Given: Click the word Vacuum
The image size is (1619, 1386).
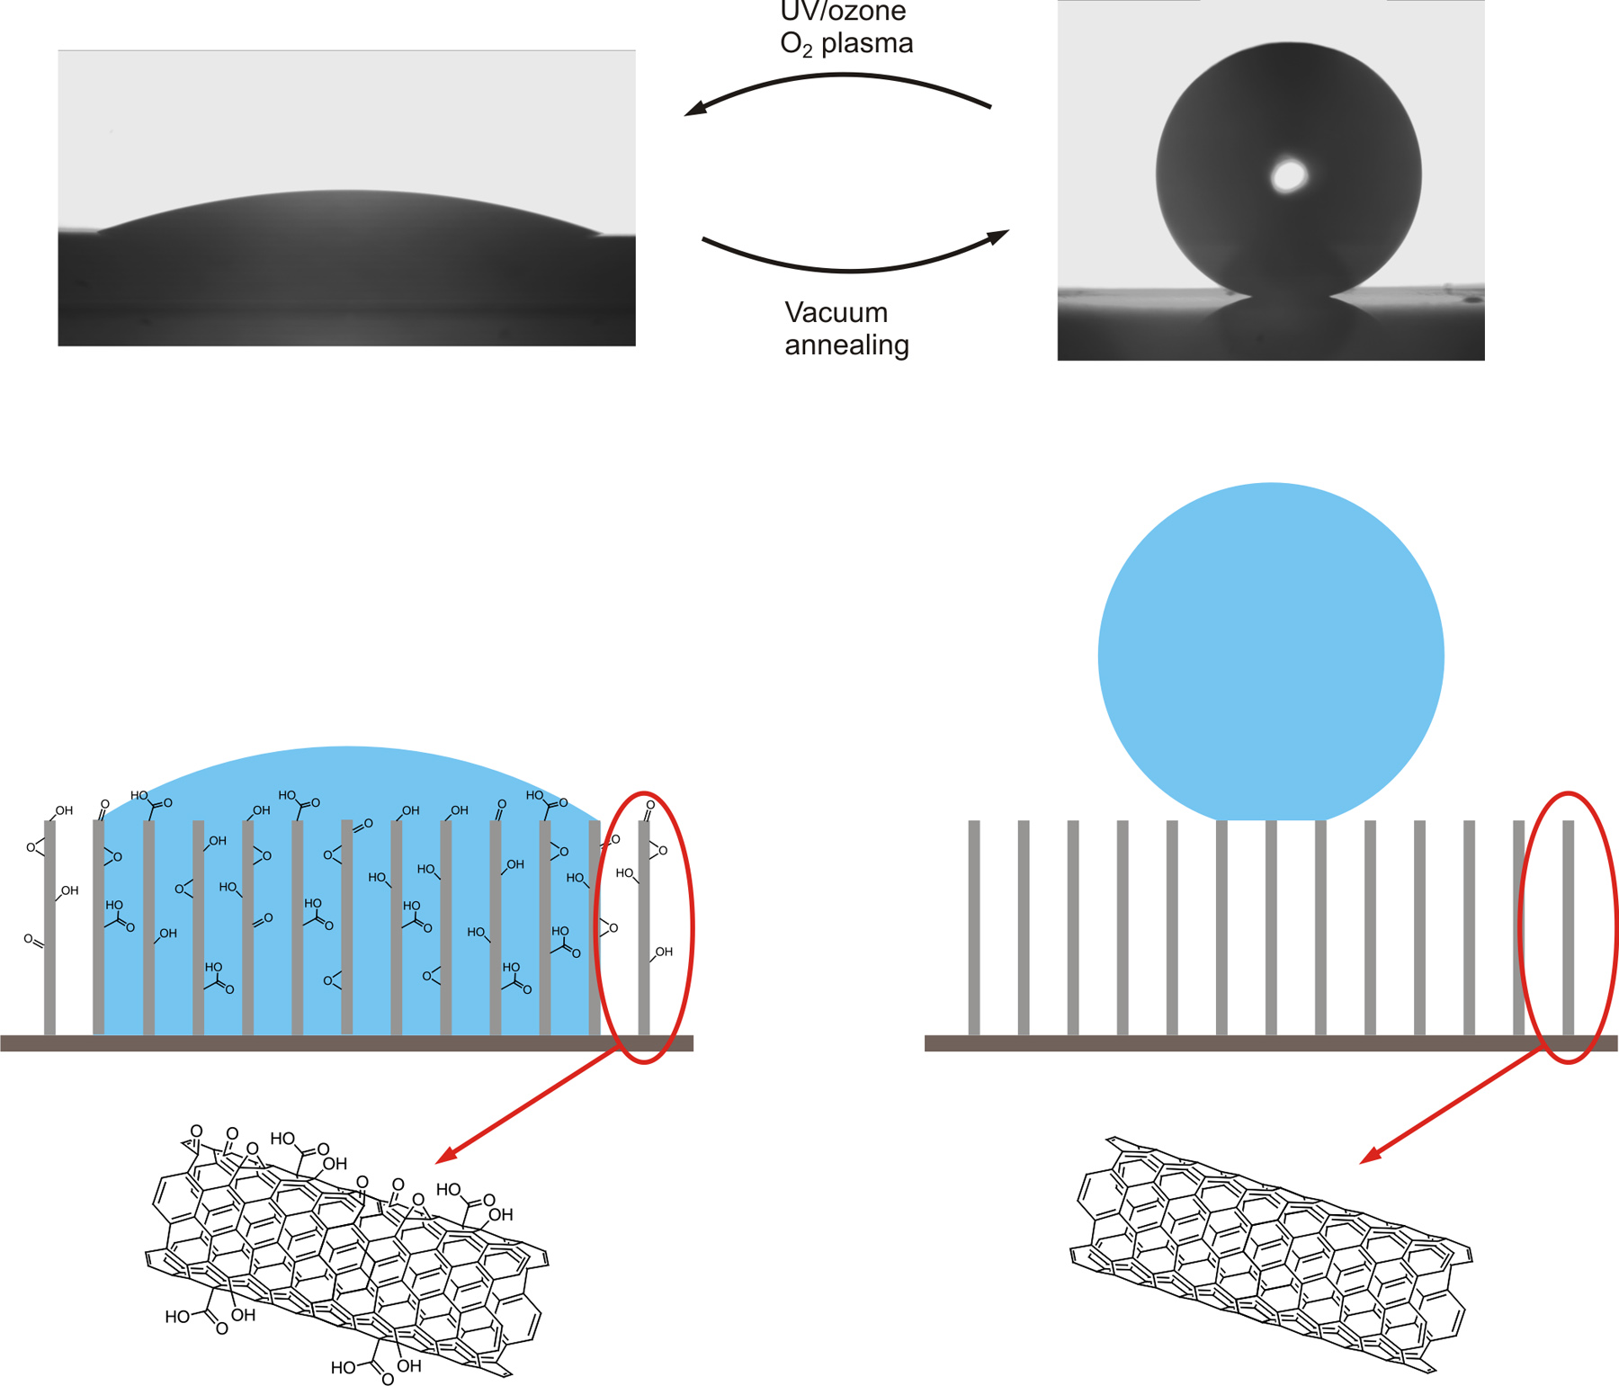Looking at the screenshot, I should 836,313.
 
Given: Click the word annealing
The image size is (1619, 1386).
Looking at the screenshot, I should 846,345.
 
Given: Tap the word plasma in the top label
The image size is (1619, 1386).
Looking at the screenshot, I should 867,43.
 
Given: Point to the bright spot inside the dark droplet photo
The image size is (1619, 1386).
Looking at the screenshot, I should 1289,175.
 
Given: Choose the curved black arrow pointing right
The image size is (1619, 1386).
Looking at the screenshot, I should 854,264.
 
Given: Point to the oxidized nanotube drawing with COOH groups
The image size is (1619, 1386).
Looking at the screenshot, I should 346,1255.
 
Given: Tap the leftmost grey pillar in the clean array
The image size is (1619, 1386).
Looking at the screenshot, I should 974,926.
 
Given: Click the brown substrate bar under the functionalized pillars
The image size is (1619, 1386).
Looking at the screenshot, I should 346,1043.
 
